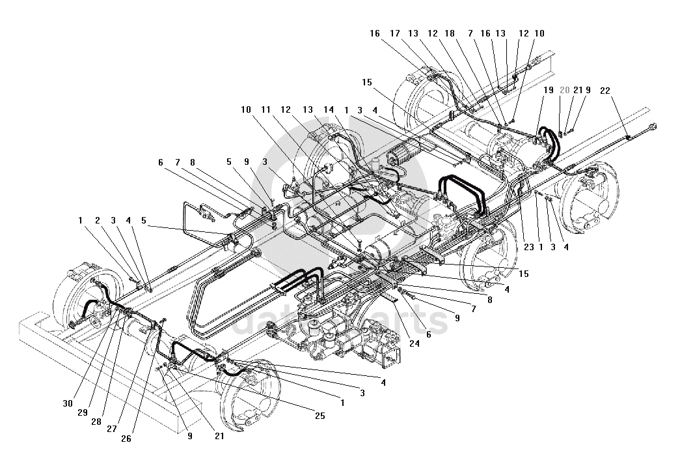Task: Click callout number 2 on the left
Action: point(97,221)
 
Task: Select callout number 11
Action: point(266,109)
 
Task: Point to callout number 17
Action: point(395,33)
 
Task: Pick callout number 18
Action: point(450,33)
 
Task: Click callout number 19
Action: point(549,90)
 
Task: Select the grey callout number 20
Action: point(565,90)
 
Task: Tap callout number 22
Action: point(605,90)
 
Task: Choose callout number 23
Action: point(528,247)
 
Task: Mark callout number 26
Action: point(126,439)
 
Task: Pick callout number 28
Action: point(96,421)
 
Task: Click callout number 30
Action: point(68,403)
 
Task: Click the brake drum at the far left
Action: point(81,296)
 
